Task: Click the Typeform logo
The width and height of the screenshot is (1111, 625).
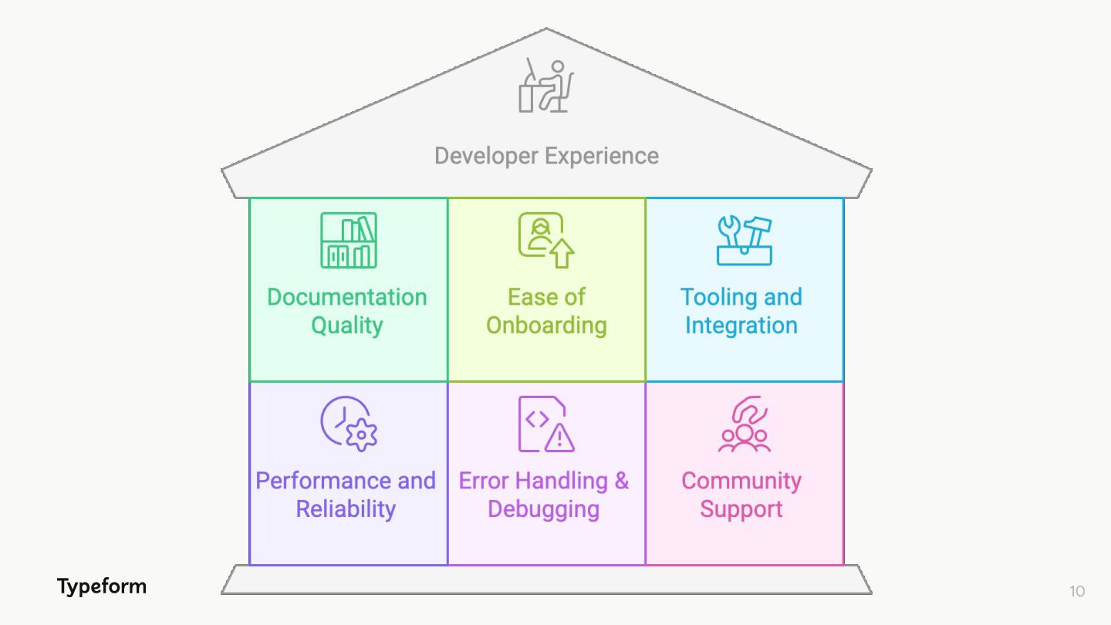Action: [x=101, y=586]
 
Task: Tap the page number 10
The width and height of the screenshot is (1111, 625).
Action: [x=1077, y=591]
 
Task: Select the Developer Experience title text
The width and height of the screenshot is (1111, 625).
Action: [x=546, y=156]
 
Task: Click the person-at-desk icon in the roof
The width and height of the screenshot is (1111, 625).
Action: [x=546, y=86]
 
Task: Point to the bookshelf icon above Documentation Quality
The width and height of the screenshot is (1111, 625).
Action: [x=349, y=241]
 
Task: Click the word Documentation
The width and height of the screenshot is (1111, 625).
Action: [x=346, y=297]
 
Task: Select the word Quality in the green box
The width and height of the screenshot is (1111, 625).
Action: [x=346, y=326]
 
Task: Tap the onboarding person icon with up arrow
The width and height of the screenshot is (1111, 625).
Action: [x=546, y=241]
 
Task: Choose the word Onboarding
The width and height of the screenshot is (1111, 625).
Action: [x=546, y=326]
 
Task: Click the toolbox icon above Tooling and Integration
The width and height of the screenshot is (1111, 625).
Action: [x=744, y=241]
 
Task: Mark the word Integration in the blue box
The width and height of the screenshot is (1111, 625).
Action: [x=741, y=326]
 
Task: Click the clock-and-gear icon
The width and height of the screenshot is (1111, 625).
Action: [x=349, y=424]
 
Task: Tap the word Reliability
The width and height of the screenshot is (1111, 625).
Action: [x=346, y=509]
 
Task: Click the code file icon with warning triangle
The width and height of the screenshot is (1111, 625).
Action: [x=546, y=424]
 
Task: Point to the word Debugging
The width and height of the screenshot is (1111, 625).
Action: [x=543, y=509]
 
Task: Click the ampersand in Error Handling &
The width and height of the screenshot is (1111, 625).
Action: [x=621, y=481]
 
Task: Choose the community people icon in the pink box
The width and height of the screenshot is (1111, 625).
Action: [x=744, y=424]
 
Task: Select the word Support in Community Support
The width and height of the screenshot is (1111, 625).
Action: [x=741, y=509]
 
